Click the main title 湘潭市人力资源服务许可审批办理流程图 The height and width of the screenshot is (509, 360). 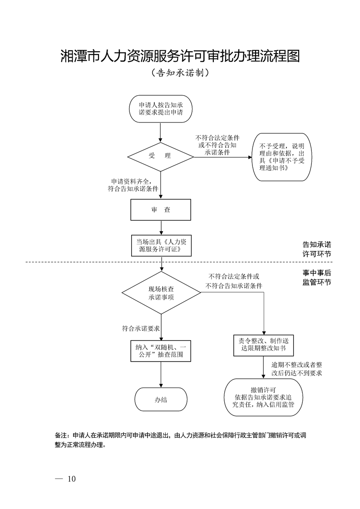(x=180, y=56)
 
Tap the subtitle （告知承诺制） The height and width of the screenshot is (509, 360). (x=180, y=73)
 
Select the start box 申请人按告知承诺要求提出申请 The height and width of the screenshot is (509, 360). (x=161, y=108)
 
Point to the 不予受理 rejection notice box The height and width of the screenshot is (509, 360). (x=282, y=157)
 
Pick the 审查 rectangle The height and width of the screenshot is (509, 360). (x=161, y=210)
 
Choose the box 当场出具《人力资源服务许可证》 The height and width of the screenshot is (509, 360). (x=161, y=245)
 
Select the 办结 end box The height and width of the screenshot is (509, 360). (x=161, y=399)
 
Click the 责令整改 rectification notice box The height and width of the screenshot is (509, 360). (x=264, y=345)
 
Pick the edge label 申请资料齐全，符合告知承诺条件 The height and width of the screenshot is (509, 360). (x=132, y=185)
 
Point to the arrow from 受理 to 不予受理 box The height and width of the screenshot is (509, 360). (x=222, y=157)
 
